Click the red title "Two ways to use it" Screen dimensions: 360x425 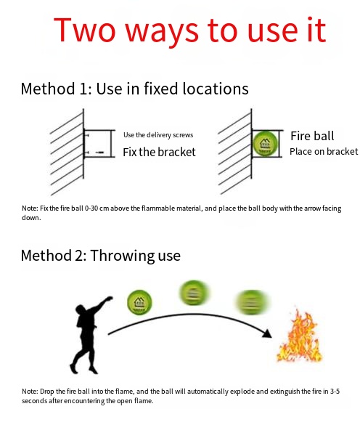click(x=190, y=31)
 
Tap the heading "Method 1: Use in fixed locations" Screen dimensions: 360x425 click(x=134, y=89)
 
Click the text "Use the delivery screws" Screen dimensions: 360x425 click(x=158, y=134)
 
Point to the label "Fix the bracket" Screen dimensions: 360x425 click(x=159, y=152)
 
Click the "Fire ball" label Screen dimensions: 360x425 click(x=312, y=136)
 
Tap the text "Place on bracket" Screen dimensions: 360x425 click(x=324, y=152)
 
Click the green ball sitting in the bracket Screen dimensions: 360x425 click(x=265, y=144)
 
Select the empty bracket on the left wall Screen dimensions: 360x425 click(x=99, y=143)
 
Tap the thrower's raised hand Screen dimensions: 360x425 click(x=109, y=299)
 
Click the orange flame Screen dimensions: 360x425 click(x=300, y=336)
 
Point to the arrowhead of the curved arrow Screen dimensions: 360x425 click(x=268, y=333)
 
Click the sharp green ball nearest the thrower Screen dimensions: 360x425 click(x=139, y=302)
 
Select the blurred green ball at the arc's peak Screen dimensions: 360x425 click(x=194, y=294)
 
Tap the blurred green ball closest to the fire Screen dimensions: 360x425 click(x=252, y=302)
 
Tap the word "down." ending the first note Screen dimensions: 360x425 click(x=31, y=218)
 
